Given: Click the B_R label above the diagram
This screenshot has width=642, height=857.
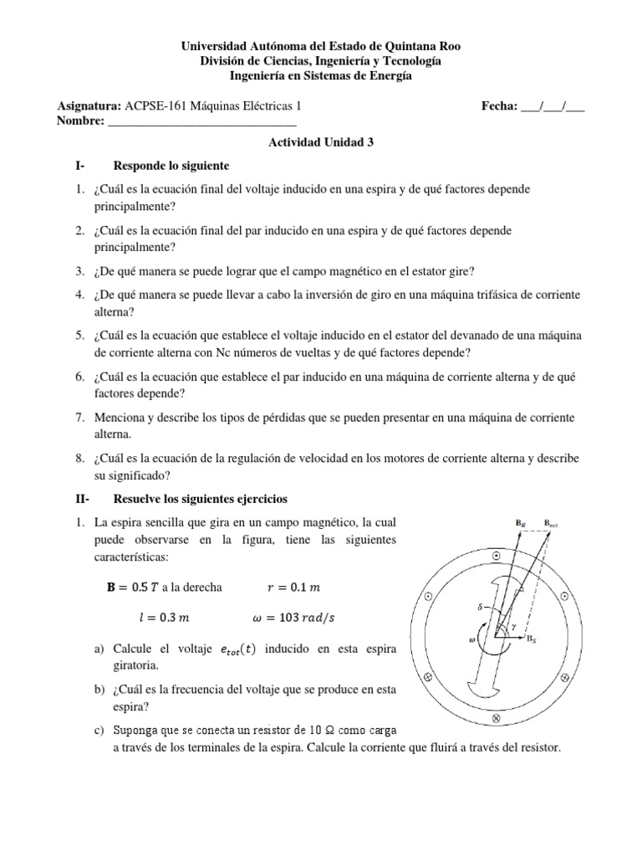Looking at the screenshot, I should coord(520,523).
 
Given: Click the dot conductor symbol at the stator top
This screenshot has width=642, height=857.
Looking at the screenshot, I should coord(497,556).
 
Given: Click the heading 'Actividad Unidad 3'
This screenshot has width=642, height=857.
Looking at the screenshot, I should coord(320,142).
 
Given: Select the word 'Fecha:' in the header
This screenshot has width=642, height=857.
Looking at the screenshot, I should coord(499,106).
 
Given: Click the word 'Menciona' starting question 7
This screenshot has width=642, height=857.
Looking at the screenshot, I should coord(120,417).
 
